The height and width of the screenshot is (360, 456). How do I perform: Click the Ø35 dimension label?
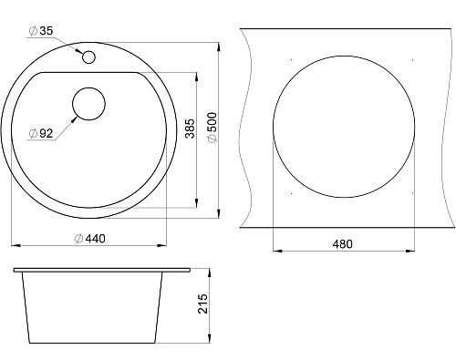click(41, 31)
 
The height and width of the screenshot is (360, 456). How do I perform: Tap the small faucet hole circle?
click(88, 57)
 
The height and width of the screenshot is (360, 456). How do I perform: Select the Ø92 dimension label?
click(41, 133)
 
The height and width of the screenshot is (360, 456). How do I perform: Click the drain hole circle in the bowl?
click(88, 104)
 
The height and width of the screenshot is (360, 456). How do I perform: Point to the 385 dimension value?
click(190, 129)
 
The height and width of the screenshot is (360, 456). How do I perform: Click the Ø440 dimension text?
click(90, 239)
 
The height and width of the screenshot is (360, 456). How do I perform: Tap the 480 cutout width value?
click(342, 244)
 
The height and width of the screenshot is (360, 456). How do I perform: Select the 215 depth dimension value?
click(202, 303)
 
